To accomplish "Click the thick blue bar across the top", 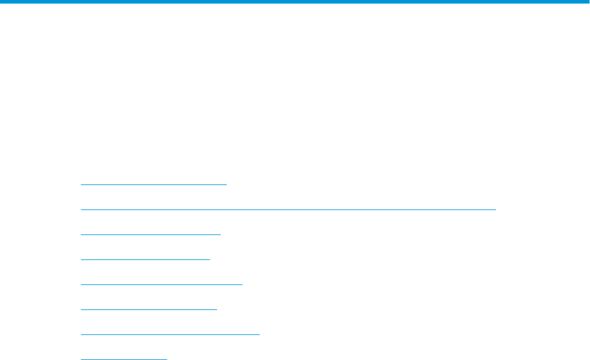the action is (295, 2).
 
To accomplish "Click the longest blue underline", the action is (288, 209).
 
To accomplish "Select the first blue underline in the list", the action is (153, 184).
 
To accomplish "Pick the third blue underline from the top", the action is (150, 234).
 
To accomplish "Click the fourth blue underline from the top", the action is (145, 259).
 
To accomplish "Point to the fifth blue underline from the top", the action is (161, 284).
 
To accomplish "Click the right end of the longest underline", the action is (495, 209).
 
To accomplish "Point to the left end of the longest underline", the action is (81, 209).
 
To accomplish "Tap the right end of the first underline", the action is (227, 184).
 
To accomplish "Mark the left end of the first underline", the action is (81, 184).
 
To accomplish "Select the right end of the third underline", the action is (220, 234).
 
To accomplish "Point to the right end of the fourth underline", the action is (210, 259).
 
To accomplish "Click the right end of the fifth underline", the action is (242, 284).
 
